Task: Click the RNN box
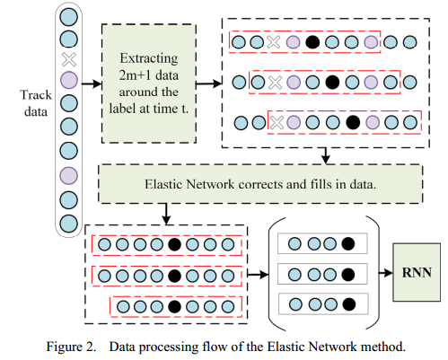pos(417,272)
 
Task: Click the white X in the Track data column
pos(69,59)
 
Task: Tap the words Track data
pos(36,103)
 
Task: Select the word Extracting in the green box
pos(149,58)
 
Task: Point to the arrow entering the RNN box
pos(386,273)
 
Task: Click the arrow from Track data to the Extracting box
pos(92,83)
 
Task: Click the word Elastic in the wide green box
pos(163,184)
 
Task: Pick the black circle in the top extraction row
pos(312,42)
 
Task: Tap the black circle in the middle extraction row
pos(332,82)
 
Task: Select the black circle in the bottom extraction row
pos(353,122)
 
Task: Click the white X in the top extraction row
pos(274,42)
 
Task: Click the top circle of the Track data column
pos(69,17)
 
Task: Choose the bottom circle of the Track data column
pos(69,224)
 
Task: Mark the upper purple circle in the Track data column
pos(69,80)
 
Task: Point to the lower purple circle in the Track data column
pos(69,175)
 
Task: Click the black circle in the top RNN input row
pos(348,243)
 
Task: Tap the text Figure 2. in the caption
pos(71,347)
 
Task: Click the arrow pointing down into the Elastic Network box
pos(326,155)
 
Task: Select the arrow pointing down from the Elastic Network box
pos(166,214)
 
